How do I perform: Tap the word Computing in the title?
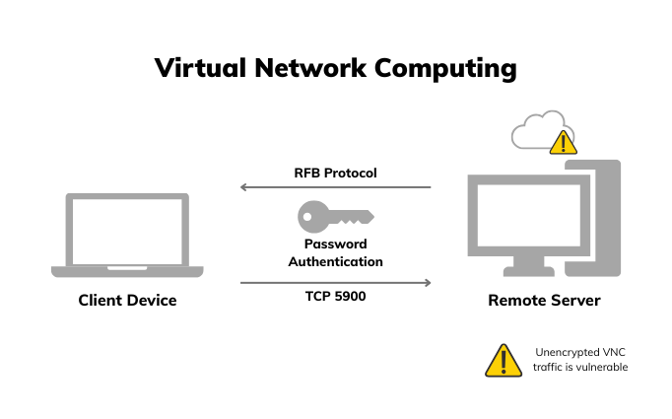(x=450, y=69)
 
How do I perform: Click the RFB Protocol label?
(x=335, y=173)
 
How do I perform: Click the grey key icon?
(x=335, y=214)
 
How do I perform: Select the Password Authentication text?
(x=335, y=252)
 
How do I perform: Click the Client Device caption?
(x=127, y=300)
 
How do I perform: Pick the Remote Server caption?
(x=544, y=300)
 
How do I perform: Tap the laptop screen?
(x=127, y=230)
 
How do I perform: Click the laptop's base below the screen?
(x=127, y=271)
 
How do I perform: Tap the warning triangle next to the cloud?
(x=562, y=143)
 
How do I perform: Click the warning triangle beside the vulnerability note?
(x=503, y=361)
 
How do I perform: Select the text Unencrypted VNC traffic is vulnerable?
(x=580, y=360)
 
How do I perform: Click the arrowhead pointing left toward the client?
(x=244, y=186)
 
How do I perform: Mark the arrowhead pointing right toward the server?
(x=428, y=283)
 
